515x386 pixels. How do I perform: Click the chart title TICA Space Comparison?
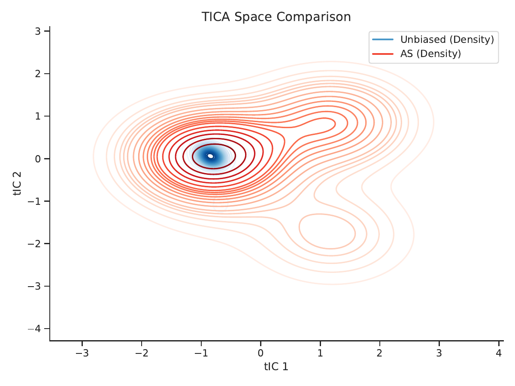pos(276,17)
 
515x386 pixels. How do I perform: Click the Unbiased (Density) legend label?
pos(447,39)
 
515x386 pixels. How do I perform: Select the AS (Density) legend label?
pos(430,54)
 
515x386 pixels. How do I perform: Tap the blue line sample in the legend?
pos(383,39)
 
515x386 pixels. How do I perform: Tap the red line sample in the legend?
pos(383,54)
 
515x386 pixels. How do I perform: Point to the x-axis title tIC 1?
pos(276,367)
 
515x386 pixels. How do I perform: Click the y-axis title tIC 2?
pos(17,183)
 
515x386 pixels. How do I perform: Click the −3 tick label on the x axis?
pos(82,353)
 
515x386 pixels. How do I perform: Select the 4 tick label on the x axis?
pos(499,353)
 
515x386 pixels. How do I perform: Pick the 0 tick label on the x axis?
pos(261,353)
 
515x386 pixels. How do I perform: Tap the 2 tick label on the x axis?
pos(380,353)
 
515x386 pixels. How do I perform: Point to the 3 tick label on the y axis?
pos(38,31)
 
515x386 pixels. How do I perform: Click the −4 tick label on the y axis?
pos(34,329)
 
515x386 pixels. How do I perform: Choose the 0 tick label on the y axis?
pos(38,159)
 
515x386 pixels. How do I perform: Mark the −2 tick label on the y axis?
pos(34,244)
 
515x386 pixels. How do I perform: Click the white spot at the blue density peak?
pos(210,156)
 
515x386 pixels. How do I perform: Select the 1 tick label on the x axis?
pos(320,353)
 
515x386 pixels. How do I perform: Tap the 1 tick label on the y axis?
pos(38,116)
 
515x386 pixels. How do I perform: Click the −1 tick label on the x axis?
pos(201,353)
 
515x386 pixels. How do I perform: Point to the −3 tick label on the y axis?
pos(34,286)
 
